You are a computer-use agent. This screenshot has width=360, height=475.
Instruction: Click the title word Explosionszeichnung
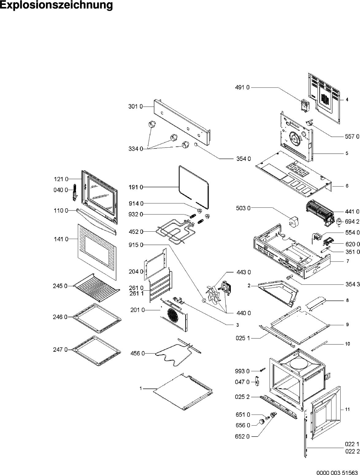tap(56, 6)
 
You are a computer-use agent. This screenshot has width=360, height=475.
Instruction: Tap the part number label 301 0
tap(135, 106)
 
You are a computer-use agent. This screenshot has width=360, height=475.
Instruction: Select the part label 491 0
tap(243, 87)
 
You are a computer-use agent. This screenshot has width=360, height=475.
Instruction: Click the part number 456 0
tap(137, 353)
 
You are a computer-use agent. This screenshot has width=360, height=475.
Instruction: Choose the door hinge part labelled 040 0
tap(74, 193)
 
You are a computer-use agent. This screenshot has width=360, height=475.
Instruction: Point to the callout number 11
tap(347, 409)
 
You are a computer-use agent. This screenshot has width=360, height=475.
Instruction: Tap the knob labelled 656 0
tap(262, 421)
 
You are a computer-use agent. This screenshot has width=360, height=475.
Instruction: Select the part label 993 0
tap(242, 371)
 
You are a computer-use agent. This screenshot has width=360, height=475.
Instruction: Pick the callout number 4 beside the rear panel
tap(347, 100)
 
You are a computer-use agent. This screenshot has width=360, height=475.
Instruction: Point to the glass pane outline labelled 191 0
tap(193, 185)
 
